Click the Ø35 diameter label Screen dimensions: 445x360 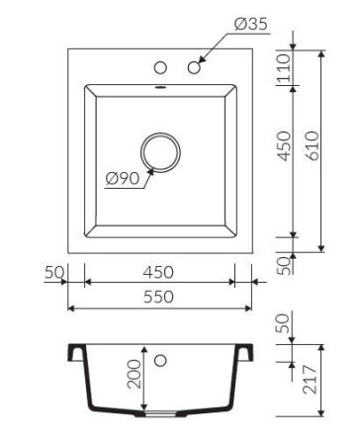click(251, 25)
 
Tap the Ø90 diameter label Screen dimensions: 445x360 click(121, 179)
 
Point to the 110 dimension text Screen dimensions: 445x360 click(284, 70)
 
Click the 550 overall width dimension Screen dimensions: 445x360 click(158, 297)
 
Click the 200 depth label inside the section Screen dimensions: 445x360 click(134, 373)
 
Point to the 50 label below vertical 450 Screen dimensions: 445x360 click(284, 264)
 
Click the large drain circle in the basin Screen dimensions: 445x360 click(160, 152)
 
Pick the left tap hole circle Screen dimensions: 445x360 click(158, 68)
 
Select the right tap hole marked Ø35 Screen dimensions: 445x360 click(194, 68)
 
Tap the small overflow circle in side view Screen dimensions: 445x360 click(159, 358)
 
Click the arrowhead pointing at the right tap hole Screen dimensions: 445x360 click(202, 62)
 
